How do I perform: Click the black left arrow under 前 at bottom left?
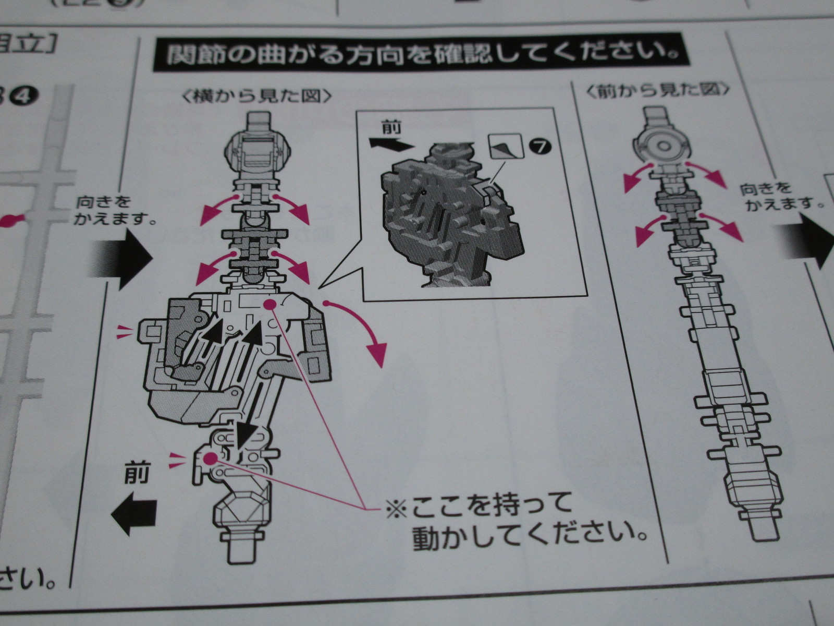(x=134, y=515)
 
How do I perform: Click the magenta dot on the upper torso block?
(x=269, y=305)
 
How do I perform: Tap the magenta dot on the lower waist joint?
(x=210, y=459)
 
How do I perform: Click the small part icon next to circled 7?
(x=505, y=145)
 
